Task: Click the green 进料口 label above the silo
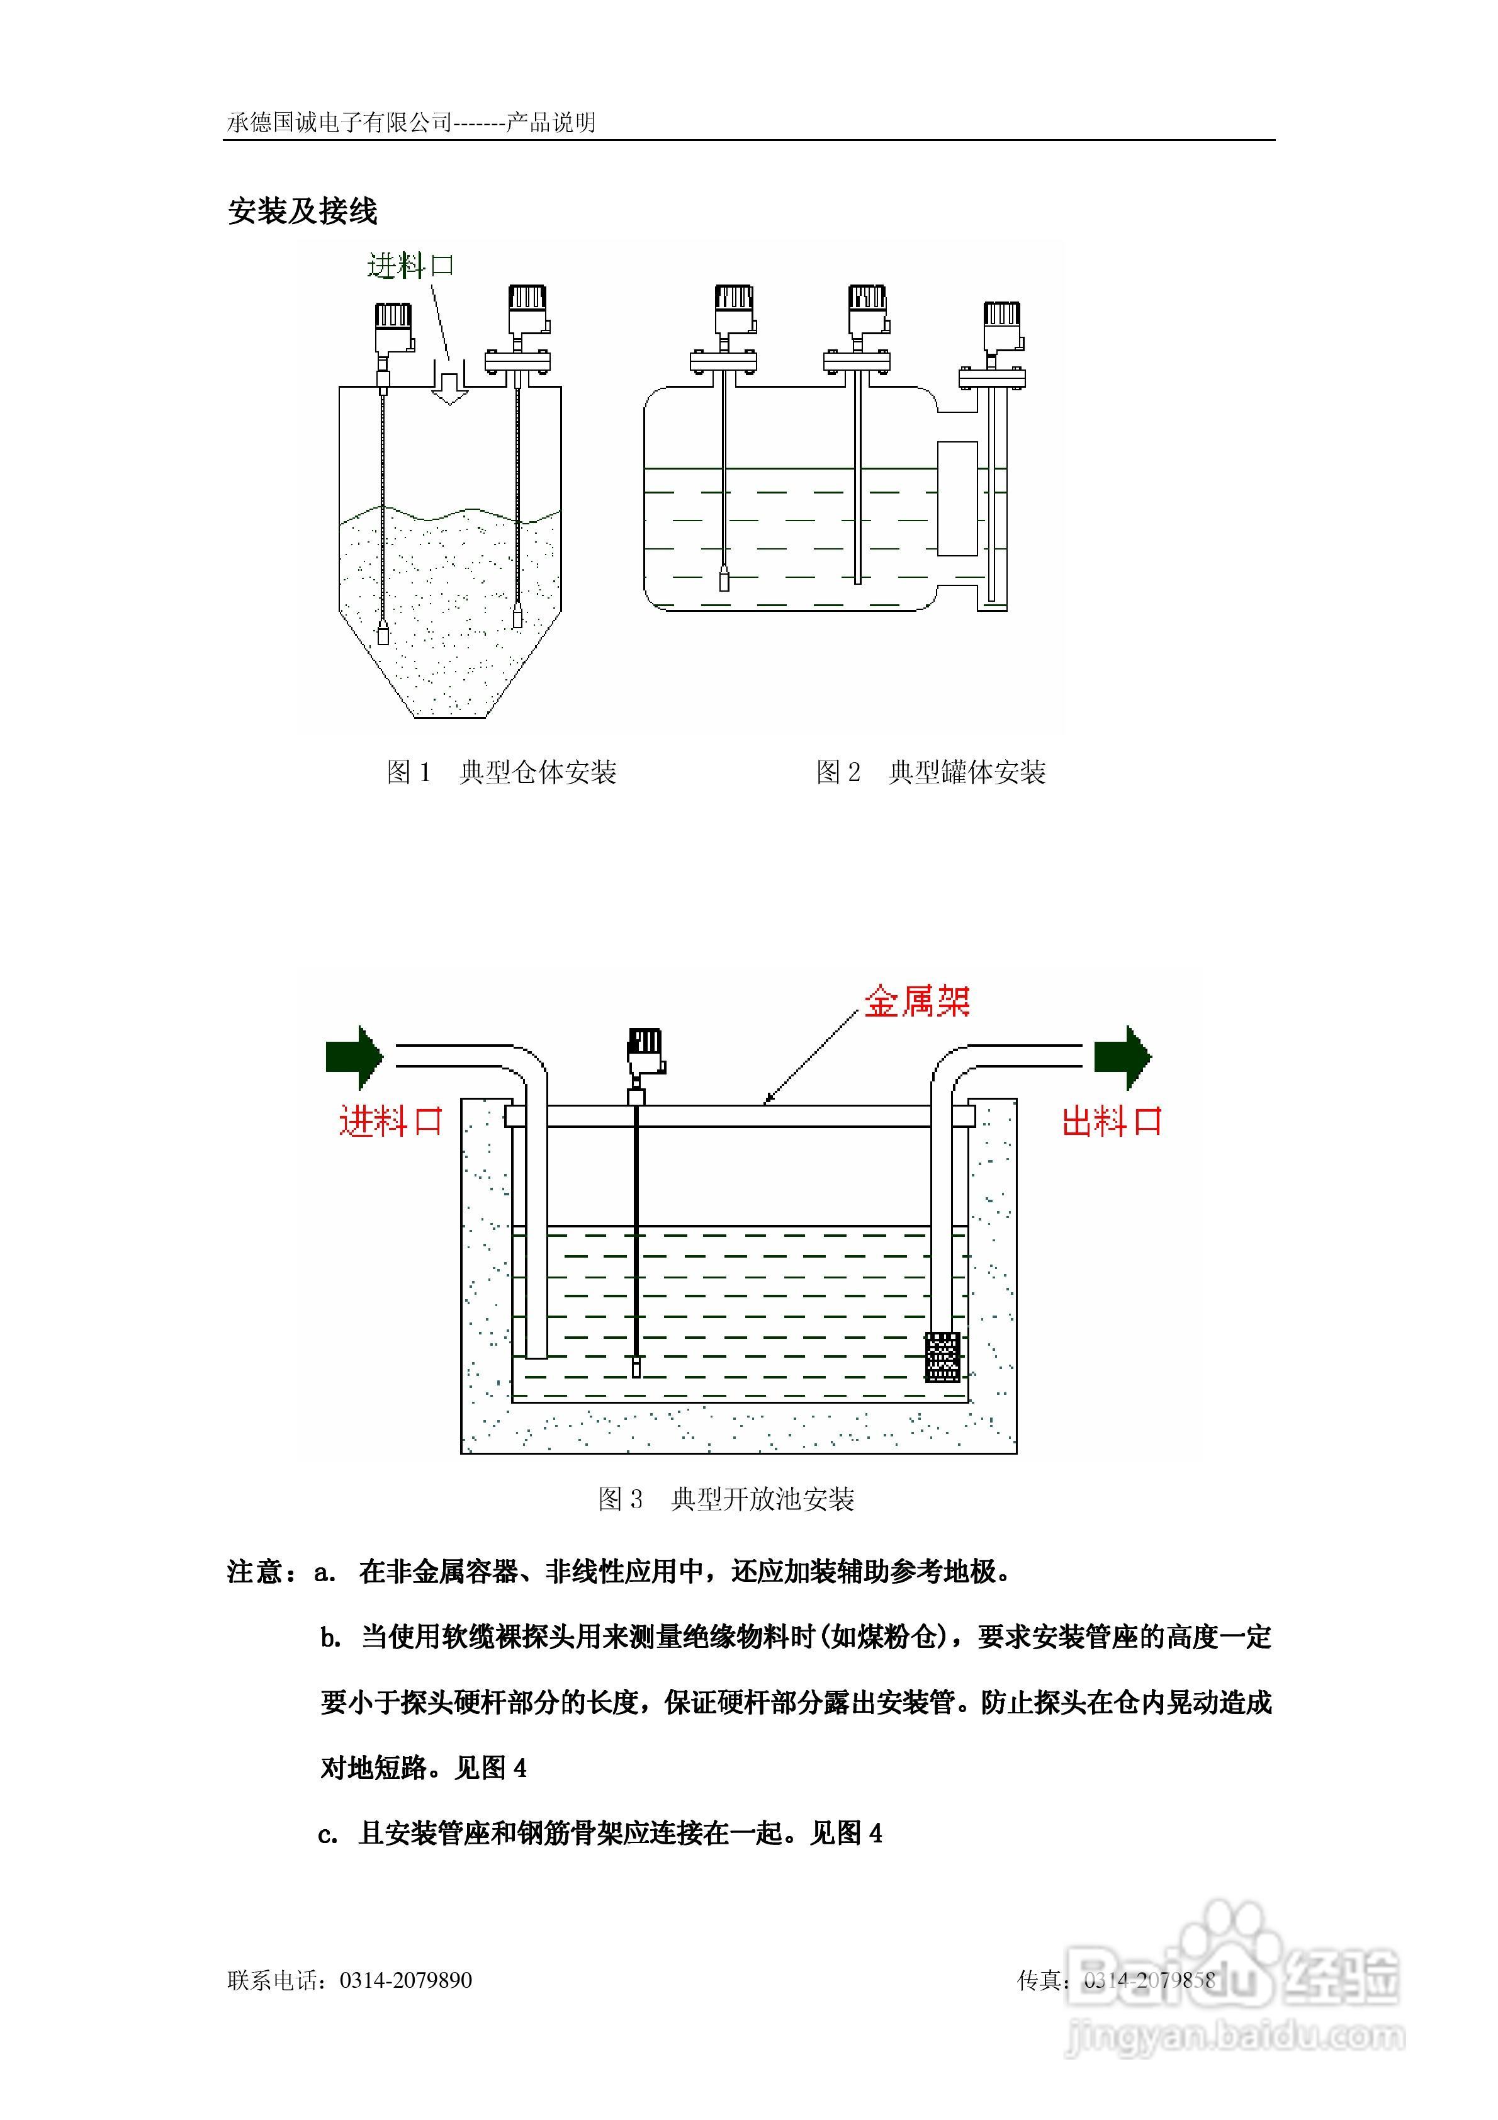tap(410, 266)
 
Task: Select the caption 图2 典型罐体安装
tap(930, 772)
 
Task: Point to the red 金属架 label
tap(916, 1001)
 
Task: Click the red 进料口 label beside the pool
tap(391, 1121)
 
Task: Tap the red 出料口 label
tap(1111, 1121)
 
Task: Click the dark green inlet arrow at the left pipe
tap(354, 1056)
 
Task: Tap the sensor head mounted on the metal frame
tap(644, 1052)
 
